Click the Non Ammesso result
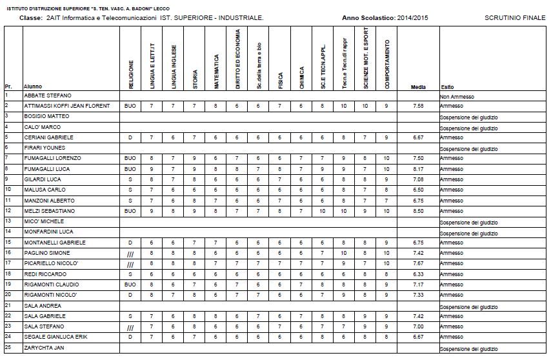click(x=457, y=96)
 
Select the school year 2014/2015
click(x=413, y=18)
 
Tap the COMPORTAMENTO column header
click(x=386, y=64)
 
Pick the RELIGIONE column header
click(x=131, y=74)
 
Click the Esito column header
click(x=446, y=86)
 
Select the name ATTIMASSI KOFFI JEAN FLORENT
click(x=66, y=106)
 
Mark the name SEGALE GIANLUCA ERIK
click(x=55, y=337)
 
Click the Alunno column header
click(x=33, y=86)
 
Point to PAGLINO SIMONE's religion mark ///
click(x=130, y=254)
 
